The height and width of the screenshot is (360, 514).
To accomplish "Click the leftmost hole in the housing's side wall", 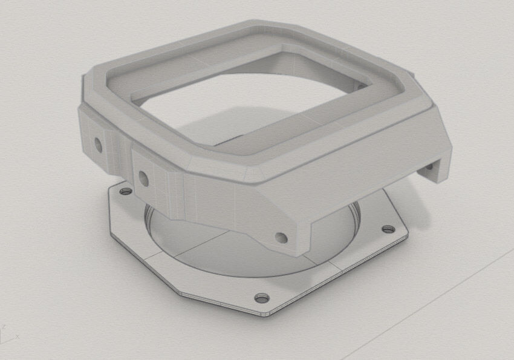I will [x=97, y=144].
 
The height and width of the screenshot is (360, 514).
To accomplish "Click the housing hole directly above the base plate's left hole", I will [x=143, y=178].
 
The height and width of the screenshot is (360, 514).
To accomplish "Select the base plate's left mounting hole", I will [x=126, y=192].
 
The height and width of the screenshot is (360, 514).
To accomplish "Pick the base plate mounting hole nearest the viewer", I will [x=261, y=298].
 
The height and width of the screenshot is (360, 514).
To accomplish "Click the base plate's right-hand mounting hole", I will [x=387, y=230].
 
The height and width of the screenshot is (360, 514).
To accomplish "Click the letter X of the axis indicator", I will [x=18, y=336].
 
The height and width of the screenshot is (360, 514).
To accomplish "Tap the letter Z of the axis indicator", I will [x=4, y=327].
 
